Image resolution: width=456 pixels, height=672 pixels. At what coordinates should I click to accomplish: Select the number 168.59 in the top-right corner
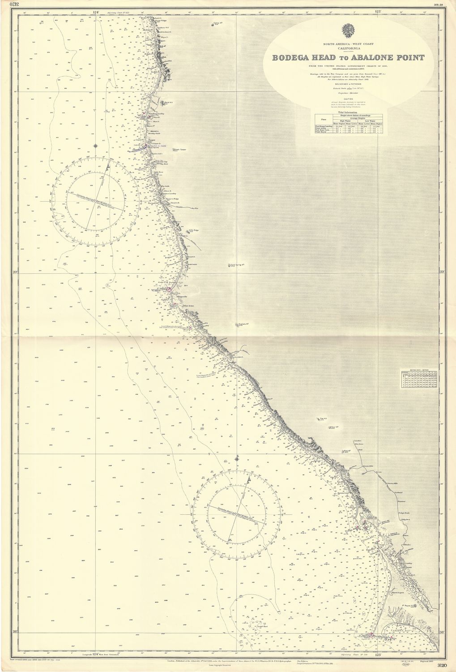click(444, 4)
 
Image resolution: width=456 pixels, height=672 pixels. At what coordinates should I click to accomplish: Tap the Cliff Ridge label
click(194, 230)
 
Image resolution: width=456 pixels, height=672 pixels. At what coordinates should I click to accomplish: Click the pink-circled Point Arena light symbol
click(170, 289)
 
